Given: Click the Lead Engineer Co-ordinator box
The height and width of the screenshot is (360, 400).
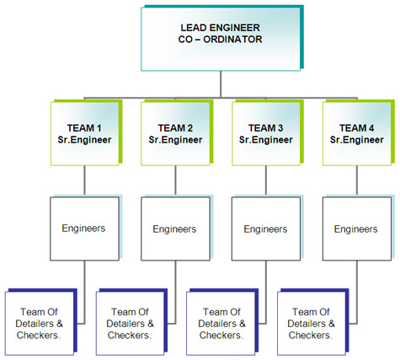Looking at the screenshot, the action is (x=221, y=39).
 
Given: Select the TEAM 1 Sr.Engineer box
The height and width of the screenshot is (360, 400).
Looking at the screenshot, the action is (x=85, y=133).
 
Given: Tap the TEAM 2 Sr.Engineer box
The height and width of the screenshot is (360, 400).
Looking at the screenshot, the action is (x=175, y=133).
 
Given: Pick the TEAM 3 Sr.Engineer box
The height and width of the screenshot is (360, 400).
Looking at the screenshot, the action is (x=266, y=133).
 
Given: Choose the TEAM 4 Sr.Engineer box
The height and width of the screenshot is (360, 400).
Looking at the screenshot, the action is (x=357, y=133).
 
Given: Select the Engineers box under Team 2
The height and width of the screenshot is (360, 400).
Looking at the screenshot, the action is (x=175, y=228).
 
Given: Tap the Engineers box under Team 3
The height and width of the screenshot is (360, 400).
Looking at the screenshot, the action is (x=266, y=228).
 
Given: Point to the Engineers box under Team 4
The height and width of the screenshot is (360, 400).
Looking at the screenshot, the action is (x=357, y=228).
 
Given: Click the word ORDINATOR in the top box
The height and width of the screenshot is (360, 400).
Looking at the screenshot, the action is (x=232, y=40).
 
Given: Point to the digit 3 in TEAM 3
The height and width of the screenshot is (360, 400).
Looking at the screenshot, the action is (x=280, y=128).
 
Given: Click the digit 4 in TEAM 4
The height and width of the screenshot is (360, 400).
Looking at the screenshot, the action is (x=371, y=128).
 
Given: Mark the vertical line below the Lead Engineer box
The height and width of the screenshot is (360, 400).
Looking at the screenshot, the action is (x=221, y=84).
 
